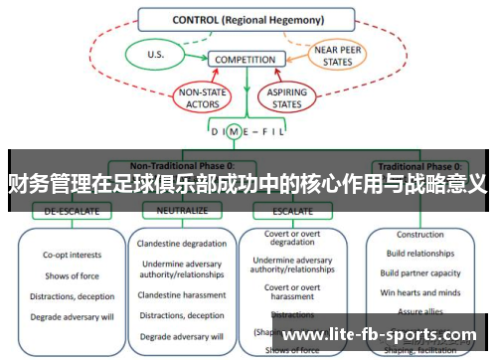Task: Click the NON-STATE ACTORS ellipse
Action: coord(202,97)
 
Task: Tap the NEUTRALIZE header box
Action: coord(182,211)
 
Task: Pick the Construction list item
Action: coord(419,236)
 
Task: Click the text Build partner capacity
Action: coord(419,273)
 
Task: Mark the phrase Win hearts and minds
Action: coord(419,291)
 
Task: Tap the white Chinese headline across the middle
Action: coord(248,183)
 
